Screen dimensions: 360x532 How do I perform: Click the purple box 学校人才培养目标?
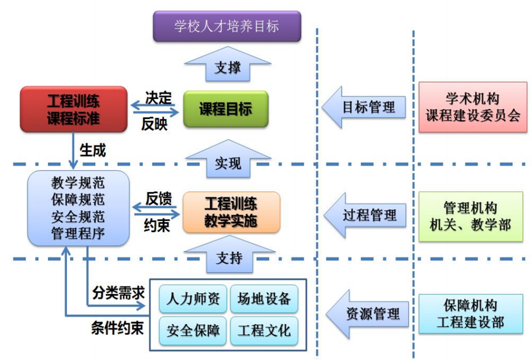tap(226, 25)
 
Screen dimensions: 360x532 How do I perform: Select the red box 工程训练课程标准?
tap(74, 110)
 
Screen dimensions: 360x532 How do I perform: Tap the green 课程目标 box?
tap(225, 109)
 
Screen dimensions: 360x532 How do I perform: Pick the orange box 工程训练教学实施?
tap(231, 212)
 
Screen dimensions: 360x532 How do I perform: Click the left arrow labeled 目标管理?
tap(366, 107)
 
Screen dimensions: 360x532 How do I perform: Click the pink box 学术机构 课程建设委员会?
tap(473, 107)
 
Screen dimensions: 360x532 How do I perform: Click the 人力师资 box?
tap(193, 299)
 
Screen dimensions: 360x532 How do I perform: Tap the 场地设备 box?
tap(264, 299)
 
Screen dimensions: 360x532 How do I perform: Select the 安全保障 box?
tap(193, 330)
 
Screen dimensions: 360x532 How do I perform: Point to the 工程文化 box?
tap(264, 330)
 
